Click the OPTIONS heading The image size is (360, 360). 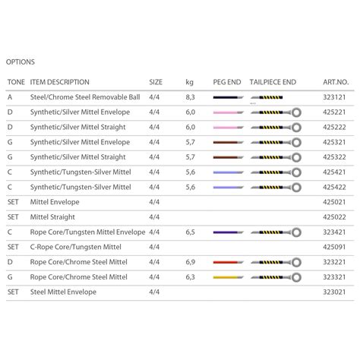(x=21, y=62)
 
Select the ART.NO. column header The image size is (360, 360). (x=336, y=82)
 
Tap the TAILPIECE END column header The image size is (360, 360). (x=273, y=82)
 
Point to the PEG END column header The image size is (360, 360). (x=226, y=82)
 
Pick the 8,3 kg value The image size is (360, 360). (x=190, y=97)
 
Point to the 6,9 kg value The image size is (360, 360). (x=190, y=261)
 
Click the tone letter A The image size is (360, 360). (x=10, y=97)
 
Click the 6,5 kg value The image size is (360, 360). (x=190, y=232)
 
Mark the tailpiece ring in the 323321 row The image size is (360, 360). (x=296, y=276)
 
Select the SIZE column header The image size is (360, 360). (x=156, y=82)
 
